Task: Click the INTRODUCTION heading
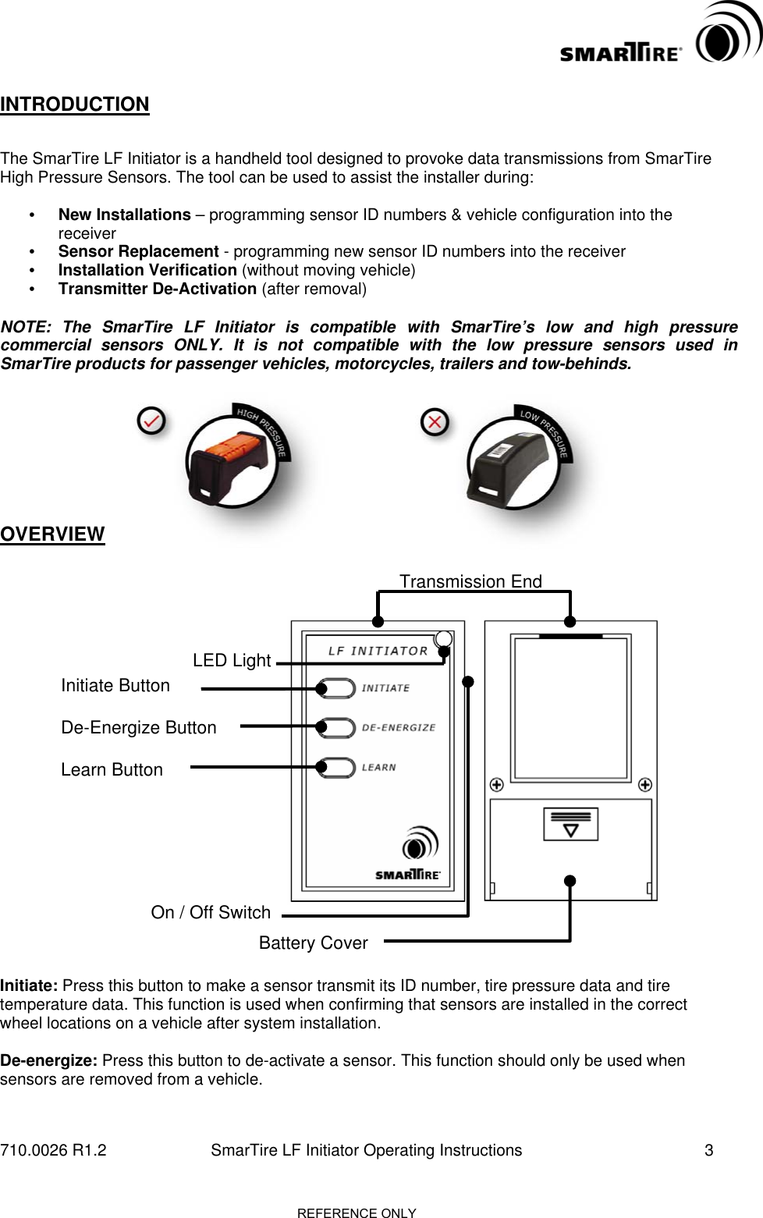[75, 105]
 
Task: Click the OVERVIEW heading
[52, 534]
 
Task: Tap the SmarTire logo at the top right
[660, 39]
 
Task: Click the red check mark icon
[151, 421]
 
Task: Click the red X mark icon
[435, 422]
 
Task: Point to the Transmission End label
[470, 581]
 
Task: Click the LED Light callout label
[232, 661]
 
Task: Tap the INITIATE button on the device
[337, 688]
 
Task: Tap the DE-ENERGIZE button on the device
[337, 727]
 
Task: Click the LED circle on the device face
[443, 639]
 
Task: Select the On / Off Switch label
[211, 913]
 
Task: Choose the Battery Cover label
[313, 943]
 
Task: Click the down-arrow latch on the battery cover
[570, 825]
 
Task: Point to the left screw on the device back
[496, 785]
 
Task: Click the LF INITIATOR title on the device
[378, 651]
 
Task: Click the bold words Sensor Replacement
[138, 252]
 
